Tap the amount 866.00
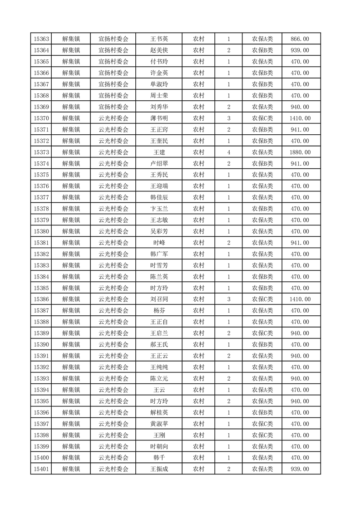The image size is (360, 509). [x=300, y=39]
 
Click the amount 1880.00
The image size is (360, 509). [x=300, y=152]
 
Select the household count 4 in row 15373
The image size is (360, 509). [x=229, y=152]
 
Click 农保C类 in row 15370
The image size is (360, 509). [x=262, y=118]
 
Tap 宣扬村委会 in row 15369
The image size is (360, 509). [x=113, y=107]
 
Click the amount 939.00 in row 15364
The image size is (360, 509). [x=300, y=50]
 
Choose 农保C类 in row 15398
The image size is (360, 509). [x=262, y=435]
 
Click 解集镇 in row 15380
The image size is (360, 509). [x=71, y=231]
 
